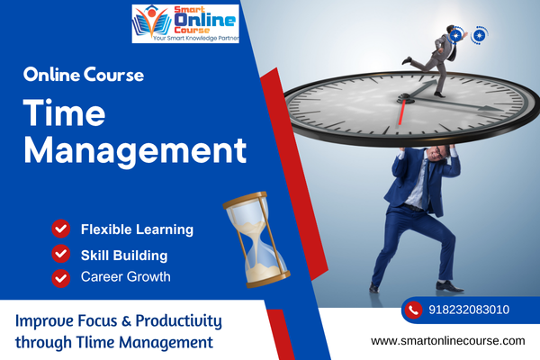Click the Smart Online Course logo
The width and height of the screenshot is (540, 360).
[x=185, y=23]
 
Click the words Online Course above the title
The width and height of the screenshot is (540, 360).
[x=84, y=75]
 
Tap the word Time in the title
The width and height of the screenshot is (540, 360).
[x=65, y=112]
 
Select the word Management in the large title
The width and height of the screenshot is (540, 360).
[x=135, y=150]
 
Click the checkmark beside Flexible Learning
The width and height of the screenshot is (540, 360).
[x=61, y=229]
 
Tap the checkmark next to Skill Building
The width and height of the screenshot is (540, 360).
[x=61, y=254]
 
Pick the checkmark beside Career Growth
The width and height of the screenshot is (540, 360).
[x=61, y=278]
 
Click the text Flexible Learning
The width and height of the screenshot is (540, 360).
[x=137, y=229]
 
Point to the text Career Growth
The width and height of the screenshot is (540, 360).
[x=126, y=276]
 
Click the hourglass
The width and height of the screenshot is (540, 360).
[x=256, y=239]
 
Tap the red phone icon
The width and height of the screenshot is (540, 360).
[x=414, y=310]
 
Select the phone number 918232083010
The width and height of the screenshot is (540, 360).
[x=469, y=310]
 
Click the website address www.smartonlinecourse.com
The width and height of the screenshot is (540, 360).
[x=448, y=341]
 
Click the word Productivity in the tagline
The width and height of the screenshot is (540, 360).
[x=179, y=321]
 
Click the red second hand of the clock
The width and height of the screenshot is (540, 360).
[x=401, y=112]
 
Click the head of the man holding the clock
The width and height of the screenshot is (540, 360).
[x=437, y=153]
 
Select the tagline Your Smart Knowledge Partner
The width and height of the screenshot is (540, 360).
[x=195, y=38]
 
